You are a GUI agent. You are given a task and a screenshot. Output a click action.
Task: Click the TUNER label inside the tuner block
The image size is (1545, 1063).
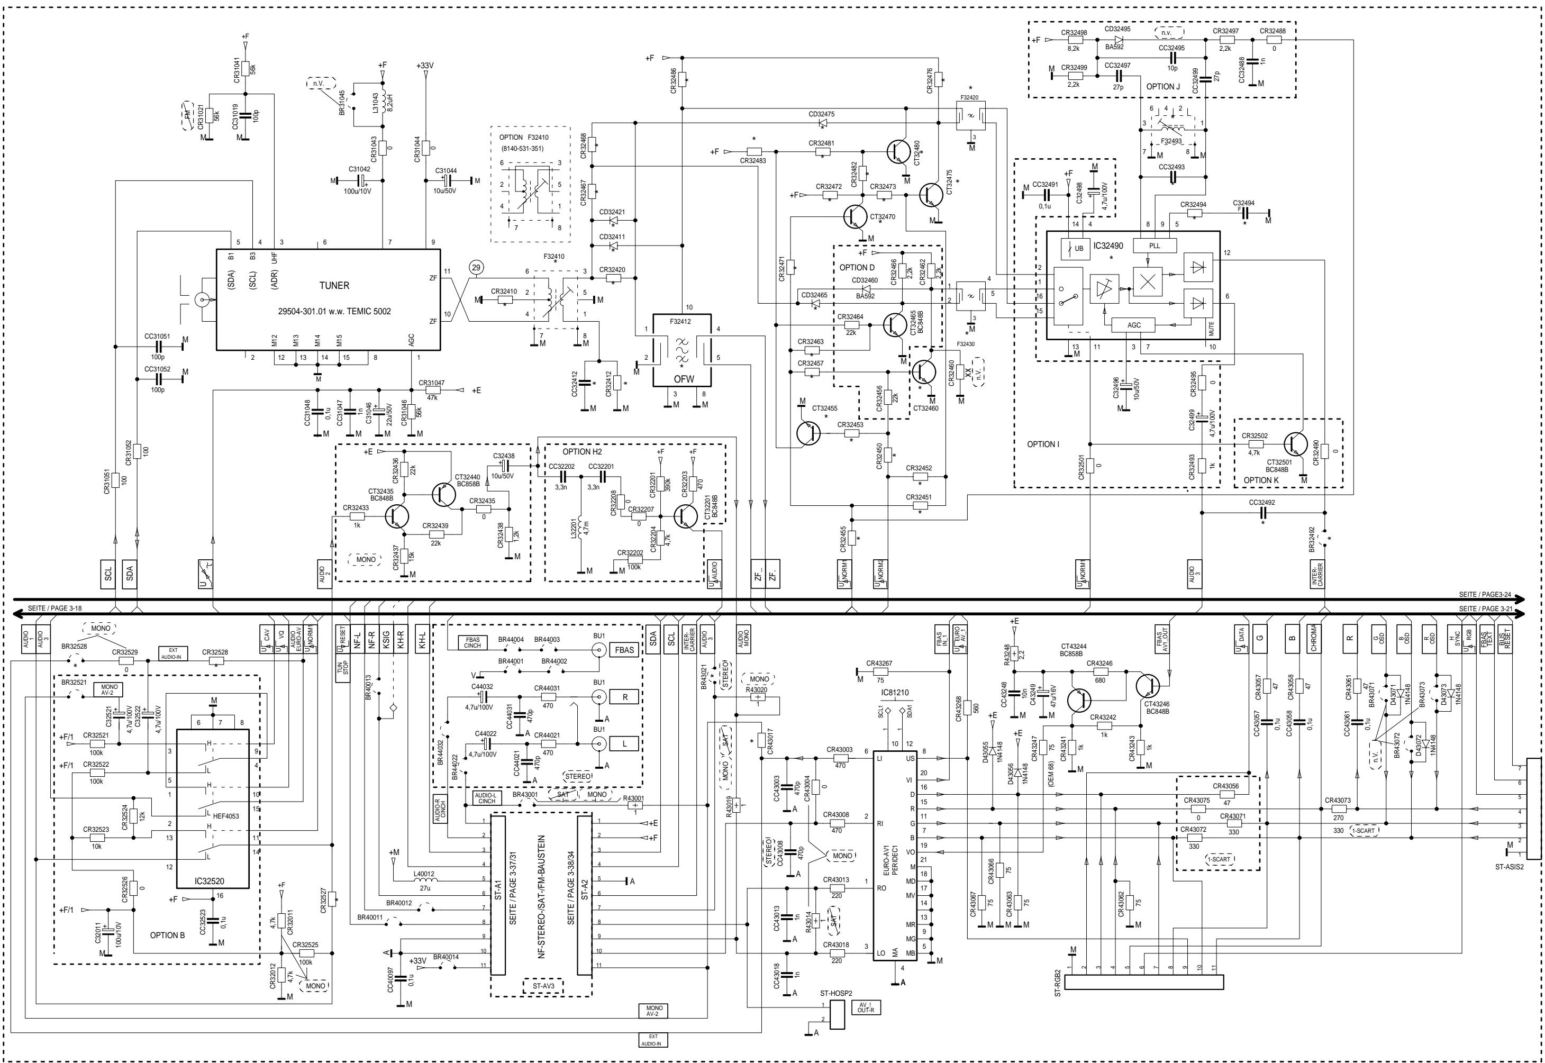tap(334, 285)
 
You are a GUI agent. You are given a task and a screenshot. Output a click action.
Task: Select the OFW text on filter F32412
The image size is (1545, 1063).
tap(683, 379)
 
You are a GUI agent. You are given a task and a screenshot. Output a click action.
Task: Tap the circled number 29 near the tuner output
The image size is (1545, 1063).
tap(476, 268)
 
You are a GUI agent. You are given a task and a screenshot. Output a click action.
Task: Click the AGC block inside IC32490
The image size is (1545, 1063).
tap(1133, 325)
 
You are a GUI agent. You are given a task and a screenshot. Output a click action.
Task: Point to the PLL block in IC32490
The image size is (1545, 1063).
tap(1154, 246)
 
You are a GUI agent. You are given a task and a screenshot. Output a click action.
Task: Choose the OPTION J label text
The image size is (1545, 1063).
tap(1163, 87)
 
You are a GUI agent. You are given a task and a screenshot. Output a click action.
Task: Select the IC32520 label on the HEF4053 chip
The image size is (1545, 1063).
tap(209, 881)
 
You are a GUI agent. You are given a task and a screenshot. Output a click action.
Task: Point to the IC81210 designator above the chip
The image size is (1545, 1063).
tap(894, 693)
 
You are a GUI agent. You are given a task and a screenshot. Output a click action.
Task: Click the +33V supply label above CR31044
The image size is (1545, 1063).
tap(425, 66)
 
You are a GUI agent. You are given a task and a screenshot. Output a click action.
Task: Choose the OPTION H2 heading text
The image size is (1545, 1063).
tap(581, 451)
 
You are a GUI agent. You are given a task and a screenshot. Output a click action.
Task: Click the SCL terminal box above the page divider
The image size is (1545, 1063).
tap(108, 573)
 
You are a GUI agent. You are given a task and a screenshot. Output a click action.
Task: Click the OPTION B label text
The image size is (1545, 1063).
tap(167, 935)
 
